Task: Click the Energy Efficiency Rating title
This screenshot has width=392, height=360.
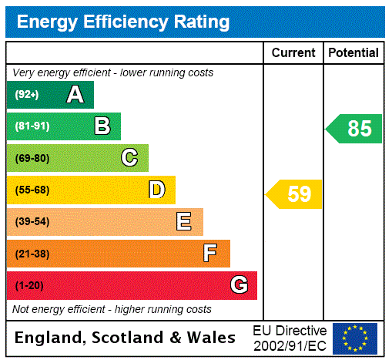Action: [123, 22]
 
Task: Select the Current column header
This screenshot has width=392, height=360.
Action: [293, 53]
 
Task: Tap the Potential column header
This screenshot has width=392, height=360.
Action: [353, 53]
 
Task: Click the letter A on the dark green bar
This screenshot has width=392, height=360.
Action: [75, 95]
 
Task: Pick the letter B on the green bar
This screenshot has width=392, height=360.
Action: [102, 126]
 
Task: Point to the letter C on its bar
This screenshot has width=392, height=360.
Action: [129, 158]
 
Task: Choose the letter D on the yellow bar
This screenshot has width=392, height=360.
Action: [157, 190]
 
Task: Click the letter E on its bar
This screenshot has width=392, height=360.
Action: [184, 222]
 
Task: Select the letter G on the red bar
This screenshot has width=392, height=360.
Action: [239, 285]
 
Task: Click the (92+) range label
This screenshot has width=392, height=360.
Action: [27, 95]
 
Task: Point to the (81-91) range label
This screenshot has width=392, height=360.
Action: [32, 126]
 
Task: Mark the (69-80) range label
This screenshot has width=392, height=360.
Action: [32, 158]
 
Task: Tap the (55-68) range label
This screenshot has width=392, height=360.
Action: [32, 190]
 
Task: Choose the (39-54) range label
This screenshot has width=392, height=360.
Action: [32, 222]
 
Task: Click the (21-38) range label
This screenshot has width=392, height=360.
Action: [32, 254]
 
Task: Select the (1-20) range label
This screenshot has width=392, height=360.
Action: [29, 286]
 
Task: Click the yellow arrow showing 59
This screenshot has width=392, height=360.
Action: [295, 194]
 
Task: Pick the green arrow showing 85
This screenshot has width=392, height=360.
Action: [355, 129]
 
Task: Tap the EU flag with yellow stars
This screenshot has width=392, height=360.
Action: [355, 338]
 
